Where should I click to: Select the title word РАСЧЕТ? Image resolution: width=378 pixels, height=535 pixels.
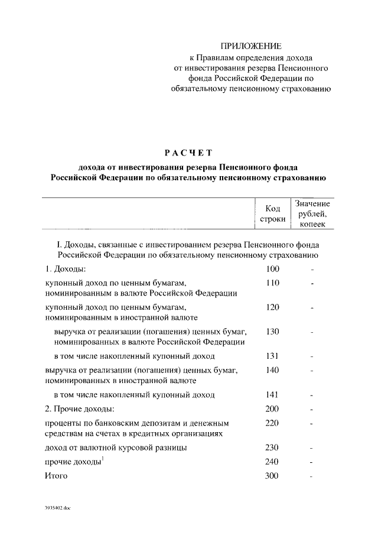[189, 153]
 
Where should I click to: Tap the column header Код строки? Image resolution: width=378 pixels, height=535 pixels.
[272, 213]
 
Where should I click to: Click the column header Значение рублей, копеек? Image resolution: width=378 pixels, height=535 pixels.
[312, 213]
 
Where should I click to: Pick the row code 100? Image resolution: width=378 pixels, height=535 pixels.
[272, 269]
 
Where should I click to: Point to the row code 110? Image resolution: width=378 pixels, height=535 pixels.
[272, 283]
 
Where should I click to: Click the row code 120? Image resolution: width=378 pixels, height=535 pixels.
[272, 307]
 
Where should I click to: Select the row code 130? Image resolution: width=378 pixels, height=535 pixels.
[272, 332]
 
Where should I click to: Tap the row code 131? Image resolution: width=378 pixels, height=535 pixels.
[272, 356]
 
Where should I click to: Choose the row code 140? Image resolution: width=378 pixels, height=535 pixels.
[272, 371]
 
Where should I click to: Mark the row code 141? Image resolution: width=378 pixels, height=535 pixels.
[272, 394]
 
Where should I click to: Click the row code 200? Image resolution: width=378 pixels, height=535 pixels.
[272, 409]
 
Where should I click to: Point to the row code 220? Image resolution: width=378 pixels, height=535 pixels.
[272, 423]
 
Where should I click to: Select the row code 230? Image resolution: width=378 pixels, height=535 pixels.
[272, 448]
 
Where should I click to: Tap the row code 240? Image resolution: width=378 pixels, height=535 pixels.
[272, 462]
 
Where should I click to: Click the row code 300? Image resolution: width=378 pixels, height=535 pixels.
[272, 476]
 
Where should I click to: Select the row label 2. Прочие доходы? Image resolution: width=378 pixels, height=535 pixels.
[80, 409]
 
